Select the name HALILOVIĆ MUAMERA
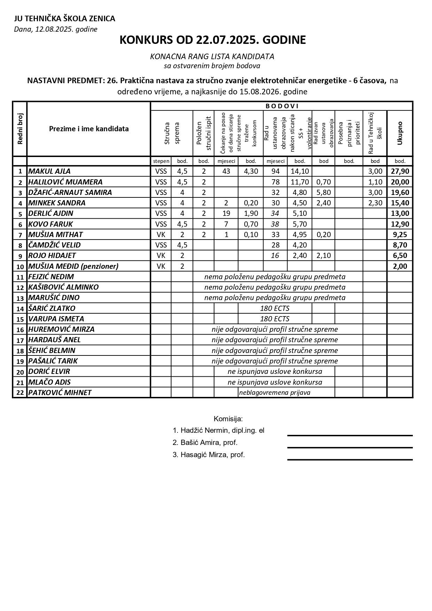click(x=65, y=182)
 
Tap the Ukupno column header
click(x=400, y=133)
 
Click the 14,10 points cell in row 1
click(x=300, y=171)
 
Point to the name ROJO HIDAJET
click(x=52, y=256)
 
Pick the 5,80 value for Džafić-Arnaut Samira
click(x=323, y=193)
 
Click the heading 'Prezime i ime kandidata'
click(x=89, y=129)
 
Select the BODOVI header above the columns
click(x=282, y=106)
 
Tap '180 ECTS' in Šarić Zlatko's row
click(x=275, y=308)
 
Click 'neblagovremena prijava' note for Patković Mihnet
click(x=275, y=393)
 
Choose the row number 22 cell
click(x=20, y=393)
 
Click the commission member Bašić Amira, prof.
click(x=205, y=442)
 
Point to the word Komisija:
click(x=228, y=418)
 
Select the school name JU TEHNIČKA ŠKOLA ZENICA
click(x=64, y=19)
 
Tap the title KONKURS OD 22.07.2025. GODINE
click(x=212, y=40)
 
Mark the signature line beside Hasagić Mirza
click(x=350, y=460)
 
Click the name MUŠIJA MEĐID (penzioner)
click(x=73, y=266)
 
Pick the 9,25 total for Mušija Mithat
click(x=400, y=235)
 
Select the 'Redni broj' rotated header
click(x=20, y=129)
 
